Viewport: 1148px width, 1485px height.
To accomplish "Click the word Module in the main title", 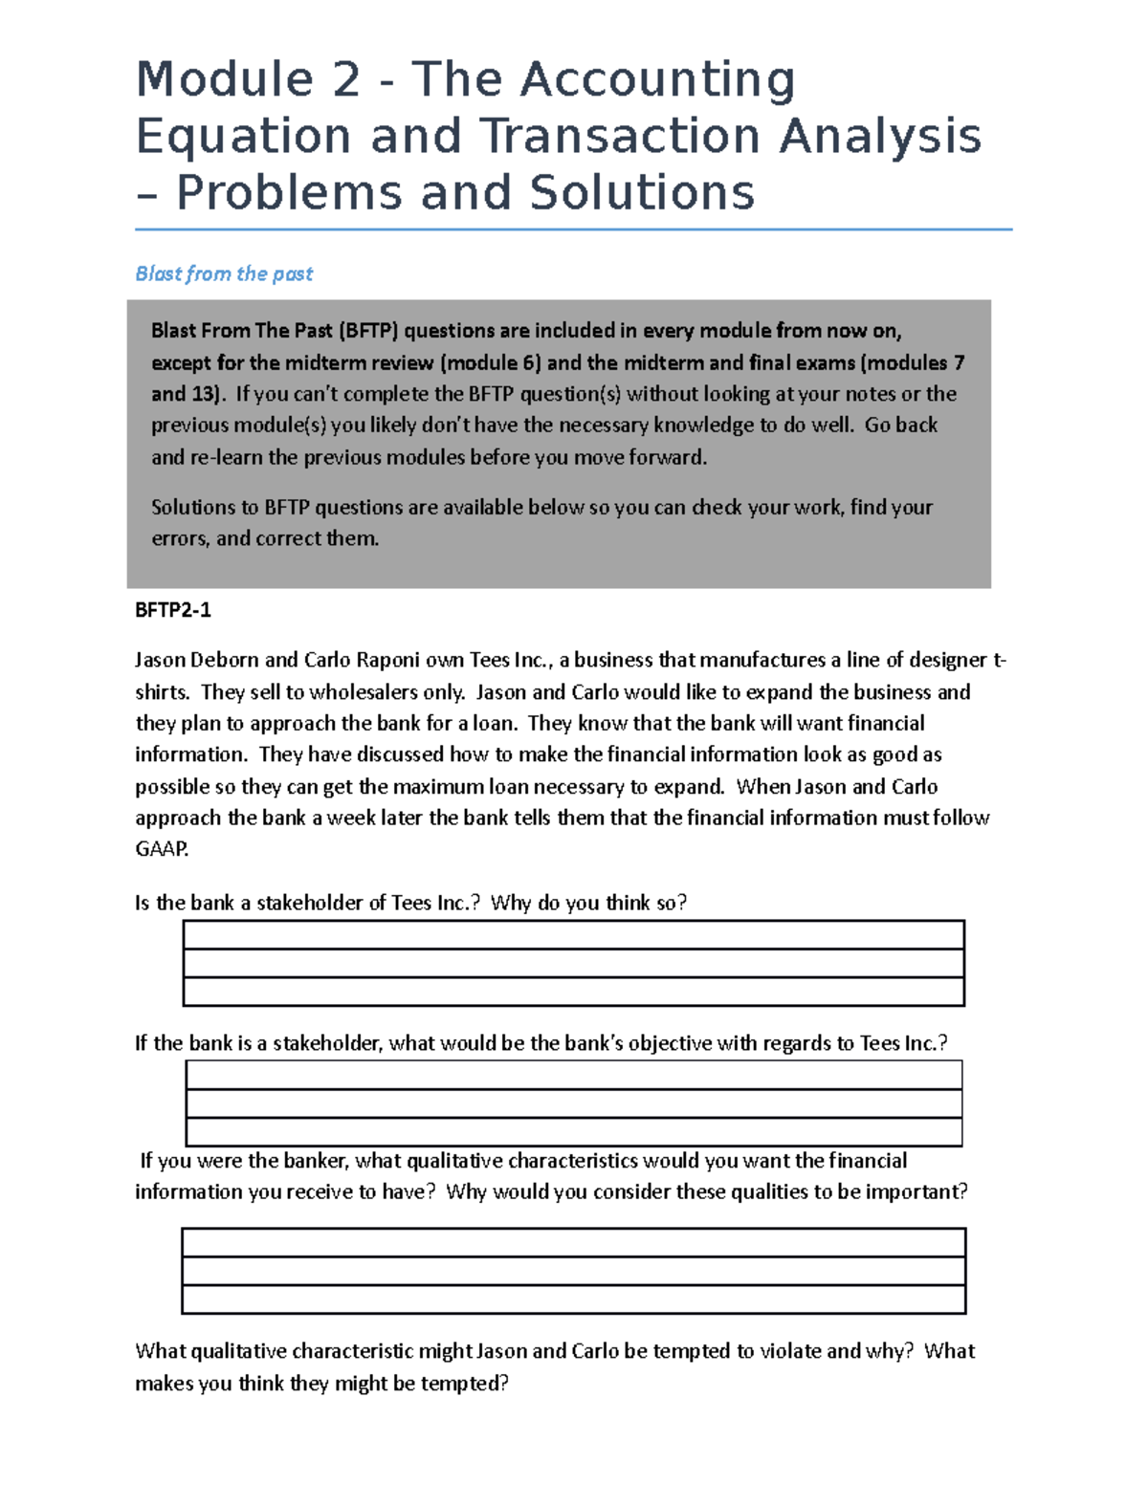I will point(225,78).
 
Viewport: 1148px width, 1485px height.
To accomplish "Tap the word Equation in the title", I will point(243,136).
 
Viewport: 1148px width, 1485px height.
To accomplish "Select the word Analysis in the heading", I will point(880,136).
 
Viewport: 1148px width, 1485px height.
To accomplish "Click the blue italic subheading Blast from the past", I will point(224,273).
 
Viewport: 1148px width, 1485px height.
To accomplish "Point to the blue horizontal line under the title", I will point(573,229).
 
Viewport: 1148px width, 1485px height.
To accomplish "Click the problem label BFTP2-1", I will point(173,609).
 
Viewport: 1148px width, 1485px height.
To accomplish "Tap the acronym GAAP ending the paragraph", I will point(162,849).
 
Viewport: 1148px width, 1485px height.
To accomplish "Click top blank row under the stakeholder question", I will point(573,934).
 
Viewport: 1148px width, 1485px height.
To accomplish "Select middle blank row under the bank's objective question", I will point(573,1103).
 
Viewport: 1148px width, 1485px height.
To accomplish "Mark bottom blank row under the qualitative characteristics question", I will point(573,1299).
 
